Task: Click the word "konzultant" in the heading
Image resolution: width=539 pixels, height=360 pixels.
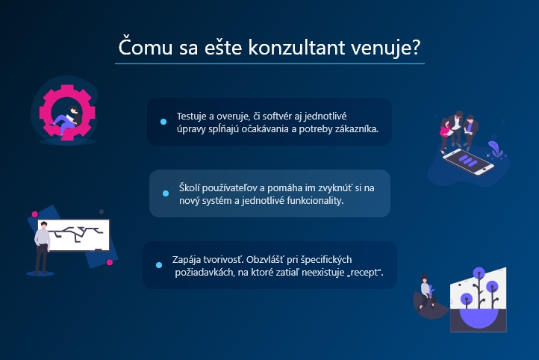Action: click(x=296, y=47)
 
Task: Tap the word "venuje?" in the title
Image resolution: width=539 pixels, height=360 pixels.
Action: click(x=386, y=48)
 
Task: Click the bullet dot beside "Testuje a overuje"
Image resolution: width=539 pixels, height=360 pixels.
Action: click(x=163, y=122)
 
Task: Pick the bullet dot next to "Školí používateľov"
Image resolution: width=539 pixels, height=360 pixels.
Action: click(x=166, y=193)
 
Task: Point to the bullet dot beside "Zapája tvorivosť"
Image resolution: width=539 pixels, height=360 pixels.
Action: click(x=159, y=265)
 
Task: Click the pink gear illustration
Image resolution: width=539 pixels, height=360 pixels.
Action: click(x=67, y=113)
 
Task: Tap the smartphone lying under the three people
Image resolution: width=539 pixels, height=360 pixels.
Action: click(x=468, y=161)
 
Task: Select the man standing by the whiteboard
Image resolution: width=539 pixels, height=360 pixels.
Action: click(x=42, y=247)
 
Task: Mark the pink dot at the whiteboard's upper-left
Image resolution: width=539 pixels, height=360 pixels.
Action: click(x=35, y=214)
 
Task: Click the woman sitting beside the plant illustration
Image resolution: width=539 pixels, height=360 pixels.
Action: click(x=426, y=293)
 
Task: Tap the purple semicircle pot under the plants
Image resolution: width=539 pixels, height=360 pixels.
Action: click(x=479, y=318)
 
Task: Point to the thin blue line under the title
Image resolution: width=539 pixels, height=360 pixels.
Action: click(x=269, y=63)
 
